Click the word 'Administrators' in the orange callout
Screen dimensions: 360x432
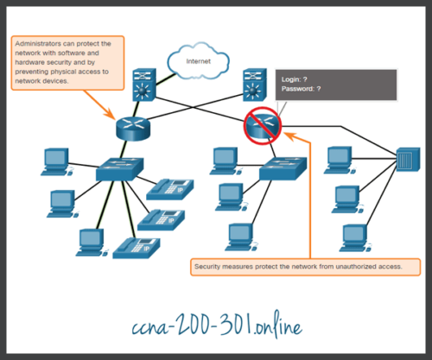(39, 43)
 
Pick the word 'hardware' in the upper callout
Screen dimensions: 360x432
(33, 62)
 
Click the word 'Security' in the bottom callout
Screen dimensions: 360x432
(209, 267)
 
